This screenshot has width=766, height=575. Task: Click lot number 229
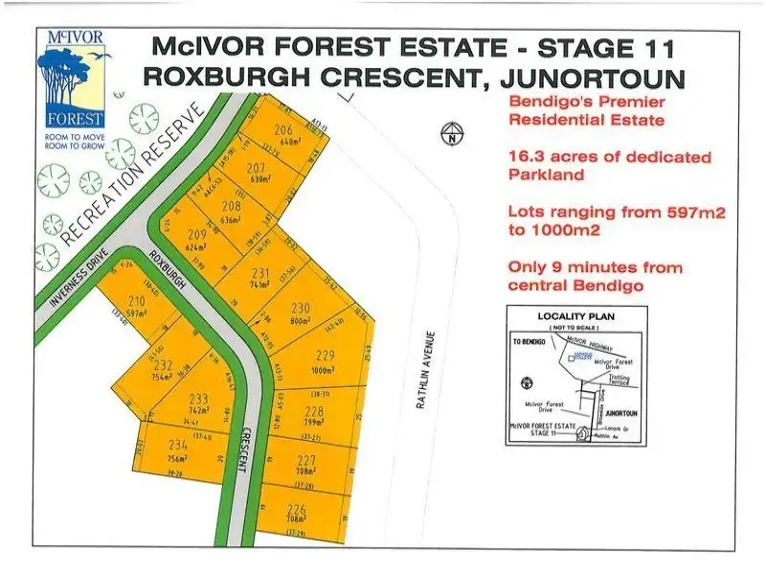pyautogui.click(x=322, y=356)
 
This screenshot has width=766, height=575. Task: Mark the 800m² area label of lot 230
pyautogui.click(x=301, y=322)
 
